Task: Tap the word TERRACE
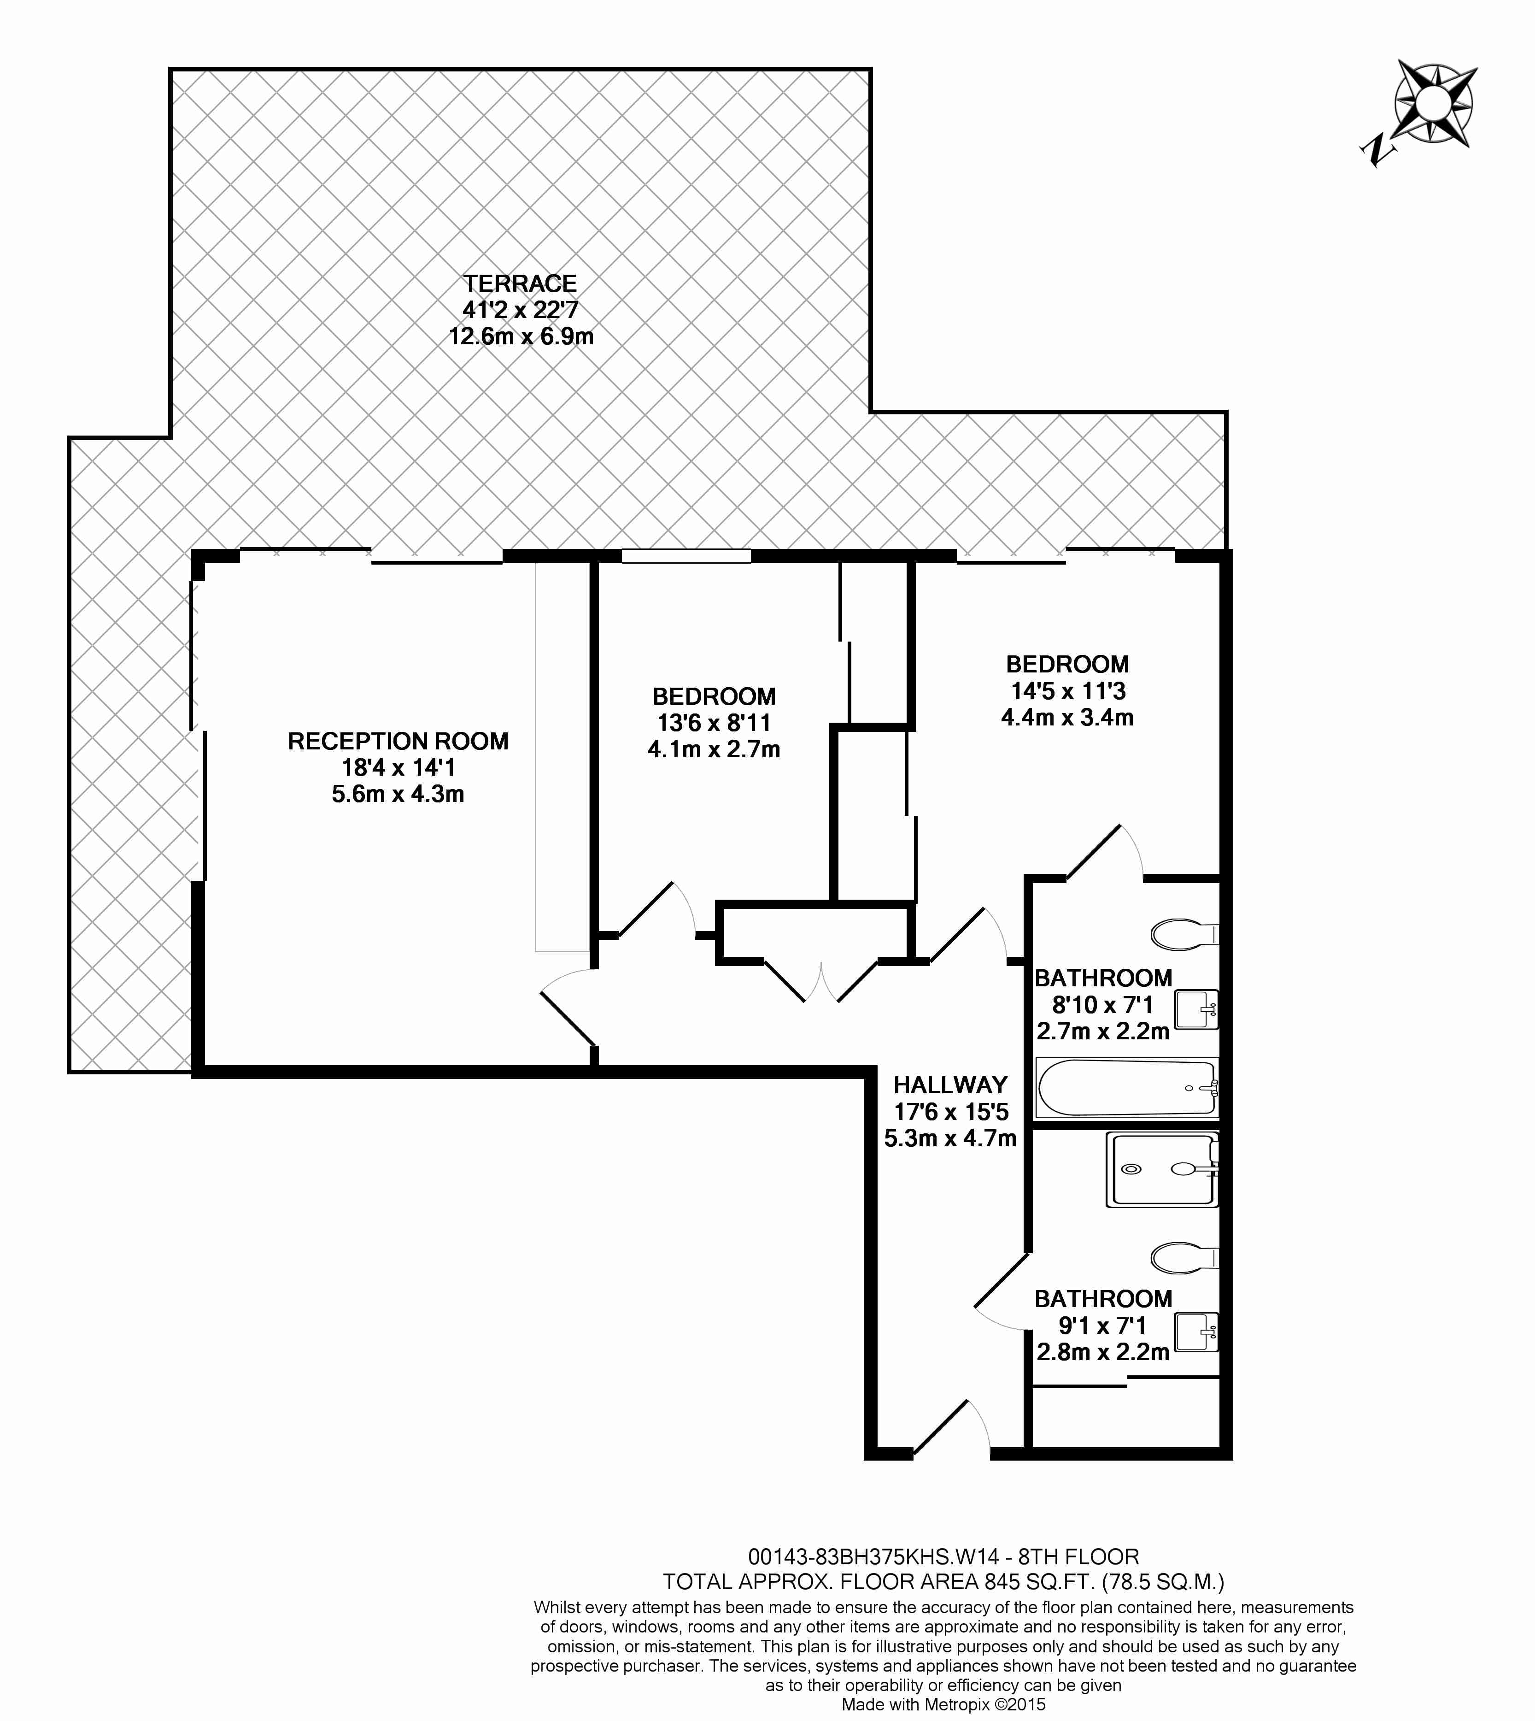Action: click(521, 283)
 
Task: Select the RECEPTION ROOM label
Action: click(398, 742)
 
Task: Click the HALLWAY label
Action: click(950, 1085)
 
